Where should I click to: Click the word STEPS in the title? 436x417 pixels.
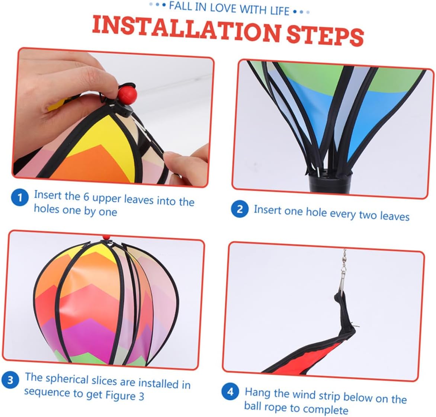325,36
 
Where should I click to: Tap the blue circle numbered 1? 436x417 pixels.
20,198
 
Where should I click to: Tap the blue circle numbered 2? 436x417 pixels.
240,209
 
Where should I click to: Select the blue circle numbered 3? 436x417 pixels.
10,379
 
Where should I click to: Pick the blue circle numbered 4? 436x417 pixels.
230,391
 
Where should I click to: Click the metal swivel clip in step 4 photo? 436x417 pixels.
343,270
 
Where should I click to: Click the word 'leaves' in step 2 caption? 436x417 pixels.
395,216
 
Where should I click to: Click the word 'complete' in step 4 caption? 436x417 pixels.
325,409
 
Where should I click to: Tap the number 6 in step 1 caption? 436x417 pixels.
86,196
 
